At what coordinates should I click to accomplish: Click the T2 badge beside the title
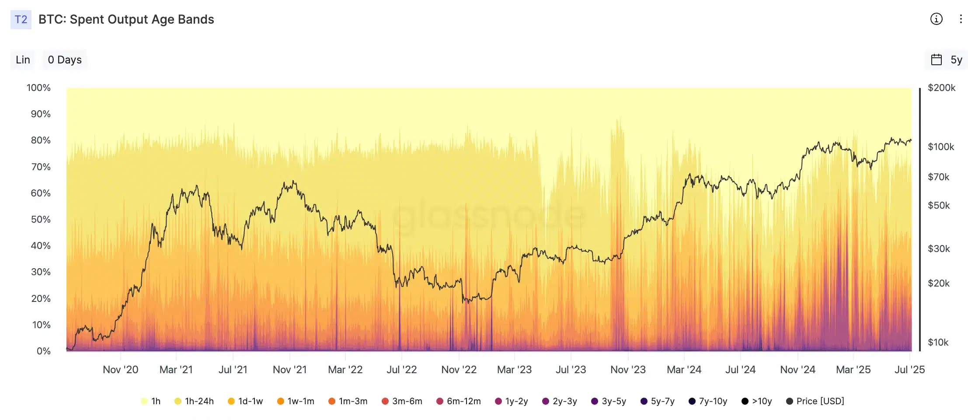(21, 20)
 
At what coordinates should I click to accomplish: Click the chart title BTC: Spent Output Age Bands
(126, 20)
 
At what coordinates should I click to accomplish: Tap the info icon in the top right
(936, 19)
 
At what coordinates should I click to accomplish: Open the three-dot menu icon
(961, 19)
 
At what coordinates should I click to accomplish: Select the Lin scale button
(23, 59)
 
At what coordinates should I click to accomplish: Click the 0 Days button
(65, 59)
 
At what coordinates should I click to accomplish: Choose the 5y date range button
(947, 59)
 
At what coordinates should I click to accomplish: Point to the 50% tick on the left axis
(41, 219)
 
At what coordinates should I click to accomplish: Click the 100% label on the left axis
(38, 87)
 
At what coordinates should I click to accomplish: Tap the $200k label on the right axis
(941, 87)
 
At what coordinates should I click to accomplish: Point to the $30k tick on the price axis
(939, 248)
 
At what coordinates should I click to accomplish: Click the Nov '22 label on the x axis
(459, 370)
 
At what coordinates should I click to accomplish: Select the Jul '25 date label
(909, 370)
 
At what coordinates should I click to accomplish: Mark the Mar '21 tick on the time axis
(176, 370)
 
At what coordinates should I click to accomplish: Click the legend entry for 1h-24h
(194, 401)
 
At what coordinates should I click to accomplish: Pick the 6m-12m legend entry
(459, 401)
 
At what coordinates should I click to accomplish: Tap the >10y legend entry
(757, 401)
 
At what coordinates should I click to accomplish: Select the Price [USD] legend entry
(815, 401)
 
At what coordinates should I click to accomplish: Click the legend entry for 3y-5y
(609, 401)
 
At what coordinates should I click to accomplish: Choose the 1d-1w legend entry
(245, 401)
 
